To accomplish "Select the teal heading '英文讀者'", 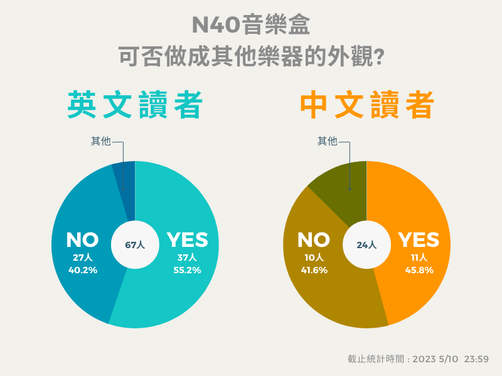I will (135, 105).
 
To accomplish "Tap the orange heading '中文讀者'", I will (366, 105).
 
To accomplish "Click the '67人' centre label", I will (135, 245).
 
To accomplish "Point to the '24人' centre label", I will (366, 245).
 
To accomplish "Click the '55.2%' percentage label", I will (187, 271).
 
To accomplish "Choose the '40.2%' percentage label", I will (82, 271).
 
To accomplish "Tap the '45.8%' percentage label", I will (419, 271).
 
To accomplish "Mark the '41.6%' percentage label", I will (314, 271).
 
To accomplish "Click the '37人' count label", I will (187, 258).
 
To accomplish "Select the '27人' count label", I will (82, 258).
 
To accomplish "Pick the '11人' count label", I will (419, 258).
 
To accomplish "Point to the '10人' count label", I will (314, 258).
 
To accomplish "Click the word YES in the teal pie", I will (187, 240).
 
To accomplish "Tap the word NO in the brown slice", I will (313, 240).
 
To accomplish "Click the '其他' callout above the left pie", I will (101, 142).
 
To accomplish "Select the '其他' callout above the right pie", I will (327, 142).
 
